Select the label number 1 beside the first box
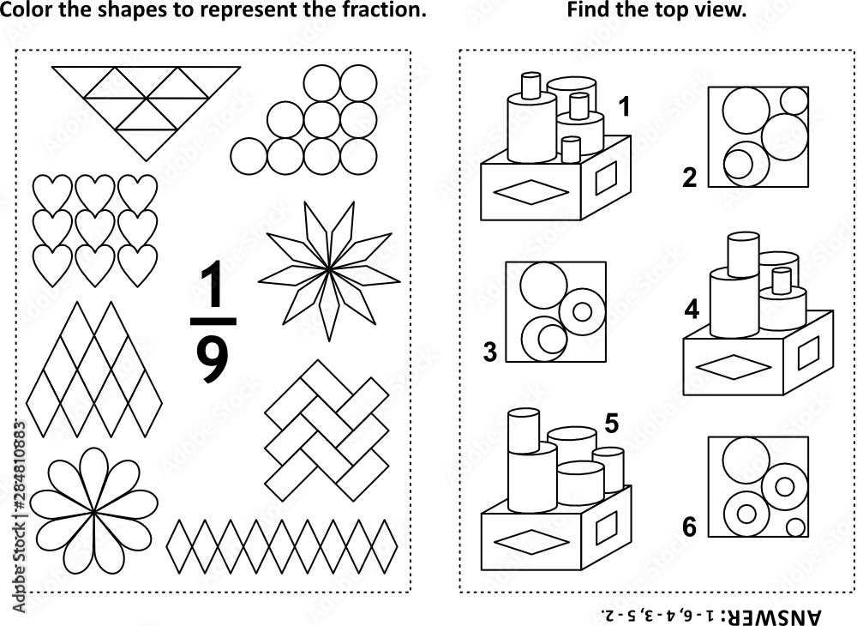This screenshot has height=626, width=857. pos(624,107)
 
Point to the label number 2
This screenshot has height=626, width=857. pos(690,178)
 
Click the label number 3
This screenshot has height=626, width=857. pos(490,352)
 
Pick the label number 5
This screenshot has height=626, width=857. pos(611,423)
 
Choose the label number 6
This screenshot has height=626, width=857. pos(690,527)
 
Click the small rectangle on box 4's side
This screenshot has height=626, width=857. pos(809,352)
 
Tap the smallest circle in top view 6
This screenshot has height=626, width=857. pos(797,527)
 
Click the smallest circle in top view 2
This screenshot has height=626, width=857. pos(794,100)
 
